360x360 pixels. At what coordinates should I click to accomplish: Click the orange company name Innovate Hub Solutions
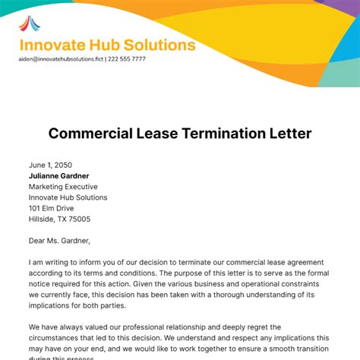click(107, 45)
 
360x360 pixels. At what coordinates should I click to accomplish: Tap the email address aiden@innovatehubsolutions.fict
click(60, 58)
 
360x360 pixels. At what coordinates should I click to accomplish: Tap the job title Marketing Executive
click(63, 186)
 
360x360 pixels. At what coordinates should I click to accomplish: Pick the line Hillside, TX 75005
click(59, 219)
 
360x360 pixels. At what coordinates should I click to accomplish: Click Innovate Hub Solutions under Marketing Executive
click(68, 197)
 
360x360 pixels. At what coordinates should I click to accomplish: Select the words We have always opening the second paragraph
click(58, 327)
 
